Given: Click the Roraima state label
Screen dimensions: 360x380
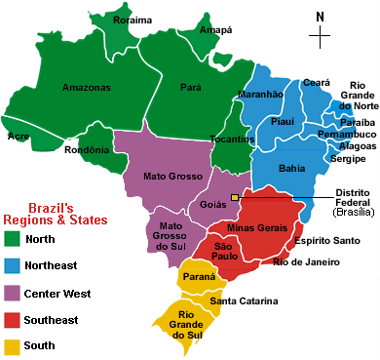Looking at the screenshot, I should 133,20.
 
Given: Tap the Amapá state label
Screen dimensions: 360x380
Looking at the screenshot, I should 214,30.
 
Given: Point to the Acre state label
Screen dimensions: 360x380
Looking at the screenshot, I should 18,137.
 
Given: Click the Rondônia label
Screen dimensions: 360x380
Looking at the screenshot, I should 87,149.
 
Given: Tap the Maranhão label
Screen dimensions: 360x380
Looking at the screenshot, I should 260,95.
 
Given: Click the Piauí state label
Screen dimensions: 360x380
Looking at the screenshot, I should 283,124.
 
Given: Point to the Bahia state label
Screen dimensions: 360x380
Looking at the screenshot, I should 291,169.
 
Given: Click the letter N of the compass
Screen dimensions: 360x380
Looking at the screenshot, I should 319,16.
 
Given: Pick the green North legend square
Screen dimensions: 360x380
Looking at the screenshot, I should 12,239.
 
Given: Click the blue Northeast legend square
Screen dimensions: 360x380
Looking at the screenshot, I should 12,265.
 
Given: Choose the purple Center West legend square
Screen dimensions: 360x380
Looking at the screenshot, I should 12,293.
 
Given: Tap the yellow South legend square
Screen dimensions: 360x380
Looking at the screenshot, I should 12,345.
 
